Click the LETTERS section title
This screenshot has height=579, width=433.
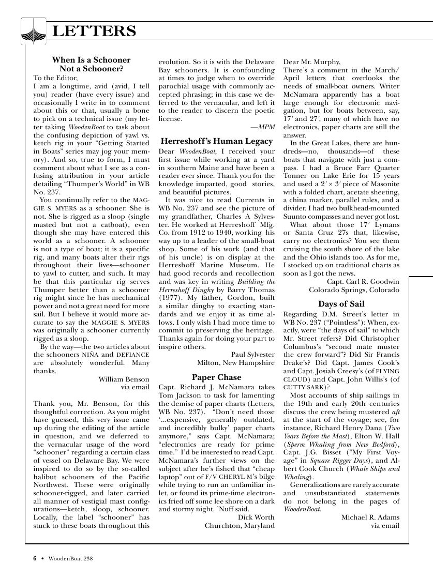click(x=95, y=32)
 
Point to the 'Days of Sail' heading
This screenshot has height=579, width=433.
click(x=341, y=303)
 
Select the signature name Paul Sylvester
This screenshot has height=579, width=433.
click(x=252, y=355)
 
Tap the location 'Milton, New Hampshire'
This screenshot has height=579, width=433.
click(x=236, y=363)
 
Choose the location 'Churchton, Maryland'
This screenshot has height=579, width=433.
click(x=240, y=526)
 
